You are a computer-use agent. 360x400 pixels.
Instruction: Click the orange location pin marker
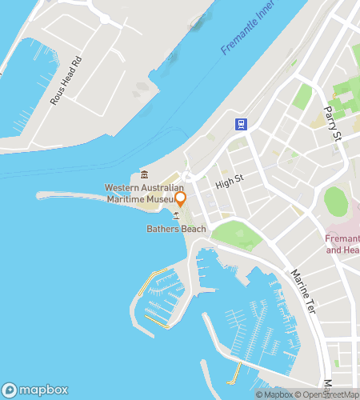tap(180, 198)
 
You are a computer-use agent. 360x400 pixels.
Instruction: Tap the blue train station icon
tap(240, 124)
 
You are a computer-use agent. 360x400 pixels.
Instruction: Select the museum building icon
tap(144, 175)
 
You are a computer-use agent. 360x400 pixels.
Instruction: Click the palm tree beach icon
tap(176, 216)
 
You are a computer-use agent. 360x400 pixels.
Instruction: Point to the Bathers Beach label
tap(176, 229)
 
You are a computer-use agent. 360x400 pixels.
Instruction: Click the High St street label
tap(228, 184)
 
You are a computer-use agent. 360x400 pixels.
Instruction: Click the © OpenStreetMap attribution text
tap(330, 394)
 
